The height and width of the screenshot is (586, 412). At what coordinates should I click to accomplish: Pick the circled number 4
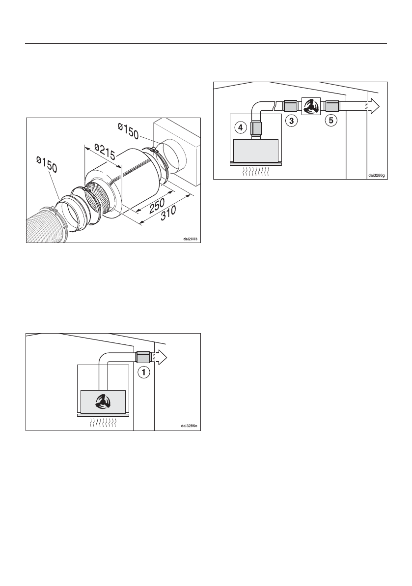click(x=240, y=128)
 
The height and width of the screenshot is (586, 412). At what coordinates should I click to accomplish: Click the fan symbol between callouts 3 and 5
click(x=310, y=106)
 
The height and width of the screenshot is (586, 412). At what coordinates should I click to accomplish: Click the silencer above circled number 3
click(x=290, y=106)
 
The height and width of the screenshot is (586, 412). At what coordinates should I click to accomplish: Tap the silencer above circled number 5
click(x=331, y=106)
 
